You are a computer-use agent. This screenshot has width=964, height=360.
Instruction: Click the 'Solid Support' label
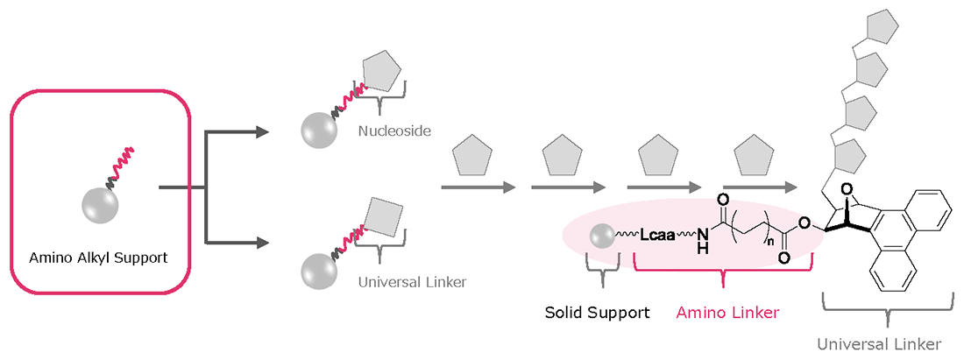[x=598, y=312]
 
